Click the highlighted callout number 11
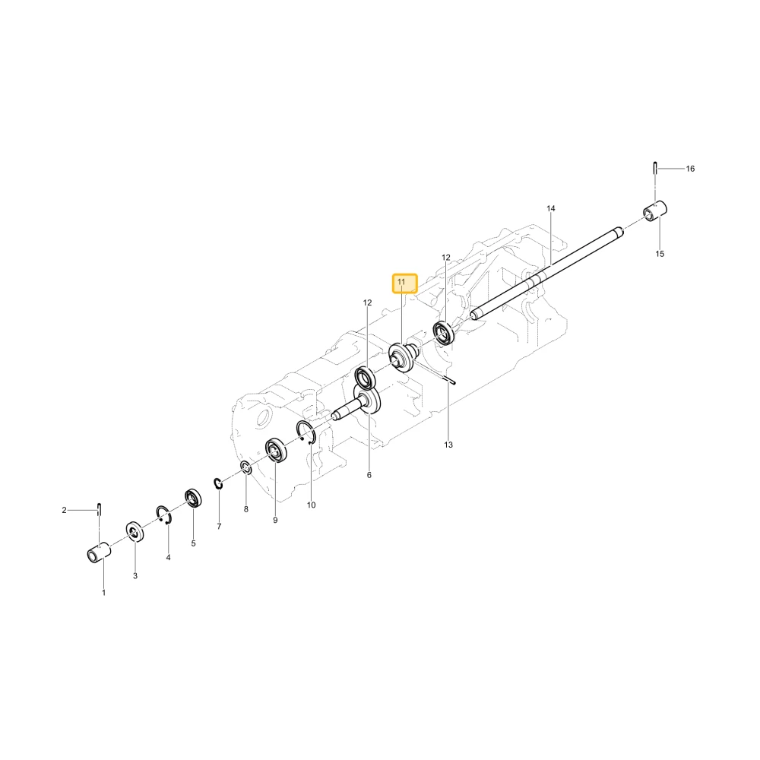(401, 282)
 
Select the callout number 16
(690, 169)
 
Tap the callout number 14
(550, 208)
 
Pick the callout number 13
(448, 445)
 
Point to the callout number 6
(369, 475)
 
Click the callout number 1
(103, 593)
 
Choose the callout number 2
(64, 510)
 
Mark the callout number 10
(311, 505)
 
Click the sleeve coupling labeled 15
(655, 212)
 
